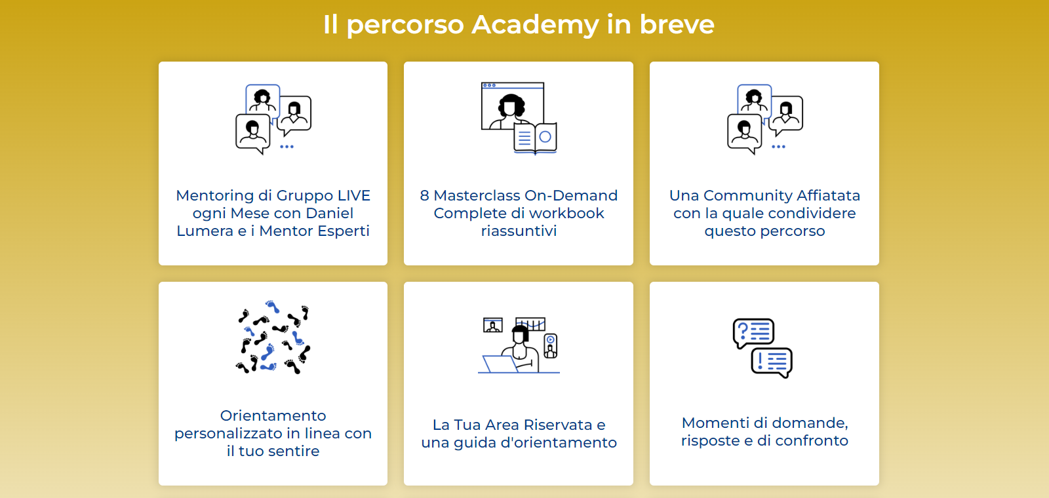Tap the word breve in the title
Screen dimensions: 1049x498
pyautogui.click(x=677, y=24)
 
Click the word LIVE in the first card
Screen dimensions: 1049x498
pyautogui.click(x=354, y=196)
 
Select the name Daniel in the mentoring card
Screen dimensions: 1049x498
pyautogui.click(x=330, y=214)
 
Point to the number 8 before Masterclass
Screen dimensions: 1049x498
pyautogui.click(x=424, y=196)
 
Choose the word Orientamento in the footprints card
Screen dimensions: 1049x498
pyautogui.click(x=273, y=415)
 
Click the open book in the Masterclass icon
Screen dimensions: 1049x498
pyautogui.click(x=535, y=138)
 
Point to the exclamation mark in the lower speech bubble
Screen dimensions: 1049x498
pyautogui.click(x=760, y=361)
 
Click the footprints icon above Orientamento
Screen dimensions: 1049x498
pyautogui.click(x=273, y=337)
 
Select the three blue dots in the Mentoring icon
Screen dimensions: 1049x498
pyautogui.click(x=287, y=147)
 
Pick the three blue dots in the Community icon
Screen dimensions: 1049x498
pyautogui.click(x=778, y=147)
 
